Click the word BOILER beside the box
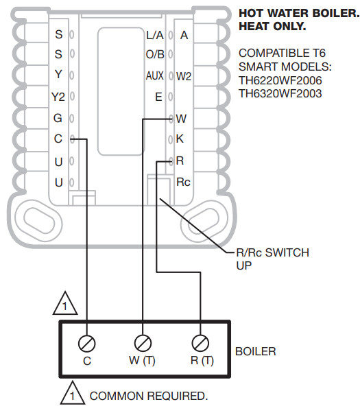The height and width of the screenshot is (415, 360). pyautogui.click(x=255, y=352)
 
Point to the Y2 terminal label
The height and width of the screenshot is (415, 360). pyautogui.click(x=58, y=97)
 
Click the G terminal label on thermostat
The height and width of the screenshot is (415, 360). pyautogui.click(x=58, y=118)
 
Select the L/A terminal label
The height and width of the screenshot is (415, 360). pyautogui.click(x=154, y=34)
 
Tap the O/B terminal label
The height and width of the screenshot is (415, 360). pyautogui.click(x=154, y=55)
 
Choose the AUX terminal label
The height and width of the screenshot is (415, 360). pyautogui.click(x=154, y=75)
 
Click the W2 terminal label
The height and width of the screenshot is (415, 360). pyautogui.click(x=184, y=76)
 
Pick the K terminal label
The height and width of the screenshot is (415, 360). pyautogui.click(x=180, y=139)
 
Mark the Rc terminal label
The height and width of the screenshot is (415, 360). pyautogui.click(x=183, y=182)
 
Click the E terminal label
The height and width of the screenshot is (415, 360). pyautogui.click(x=158, y=97)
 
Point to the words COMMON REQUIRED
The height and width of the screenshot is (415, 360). pyautogui.click(x=148, y=396)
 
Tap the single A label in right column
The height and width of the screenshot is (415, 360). pyautogui.click(x=184, y=34)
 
